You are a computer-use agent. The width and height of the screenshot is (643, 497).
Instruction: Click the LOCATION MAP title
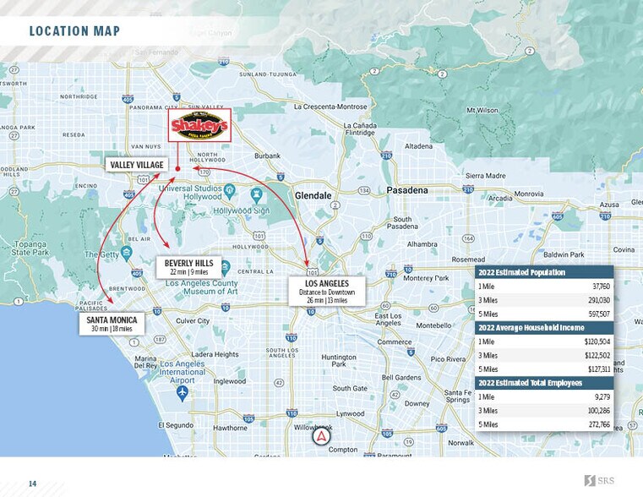[74, 32]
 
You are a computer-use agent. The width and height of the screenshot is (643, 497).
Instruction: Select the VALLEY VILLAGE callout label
[137, 165]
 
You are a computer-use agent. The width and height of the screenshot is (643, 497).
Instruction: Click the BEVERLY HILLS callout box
[190, 267]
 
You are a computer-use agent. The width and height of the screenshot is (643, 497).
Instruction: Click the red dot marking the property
[177, 169]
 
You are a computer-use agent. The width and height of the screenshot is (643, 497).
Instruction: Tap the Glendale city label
[313, 195]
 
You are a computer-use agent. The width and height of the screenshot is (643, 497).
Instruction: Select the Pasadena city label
[407, 191]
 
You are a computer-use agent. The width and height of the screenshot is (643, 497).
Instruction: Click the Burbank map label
[267, 156]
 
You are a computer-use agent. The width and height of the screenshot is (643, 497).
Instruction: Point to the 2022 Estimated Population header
[521, 273]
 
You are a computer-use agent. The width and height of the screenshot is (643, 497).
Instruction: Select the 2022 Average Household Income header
[530, 328]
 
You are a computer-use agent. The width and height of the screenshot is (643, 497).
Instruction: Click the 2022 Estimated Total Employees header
[530, 383]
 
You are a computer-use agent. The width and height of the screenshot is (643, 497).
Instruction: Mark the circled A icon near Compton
[320, 438]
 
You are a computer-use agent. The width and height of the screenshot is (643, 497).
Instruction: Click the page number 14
[33, 483]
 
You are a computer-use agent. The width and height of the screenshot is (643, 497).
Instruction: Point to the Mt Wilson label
[482, 111]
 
